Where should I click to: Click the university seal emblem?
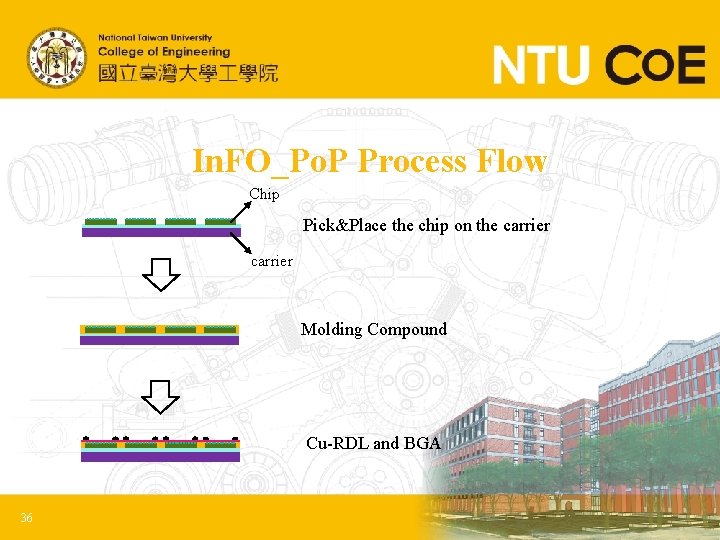point(56,56)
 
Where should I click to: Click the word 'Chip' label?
point(264,194)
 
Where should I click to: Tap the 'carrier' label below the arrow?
point(271,261)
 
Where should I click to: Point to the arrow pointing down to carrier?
point(240,242)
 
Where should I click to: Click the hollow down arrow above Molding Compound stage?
point(160,274)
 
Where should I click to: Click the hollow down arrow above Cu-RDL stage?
point(160,396)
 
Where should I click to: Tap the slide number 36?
point(27,517)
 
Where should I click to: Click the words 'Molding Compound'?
point(374,329)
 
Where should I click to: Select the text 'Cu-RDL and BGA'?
point(373,442)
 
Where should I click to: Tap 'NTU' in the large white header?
point(540,66)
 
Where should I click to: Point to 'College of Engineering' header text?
point(164,51)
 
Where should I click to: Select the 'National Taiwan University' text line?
point(154,38)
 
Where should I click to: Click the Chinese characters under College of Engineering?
point(188,72)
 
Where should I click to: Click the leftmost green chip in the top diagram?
point(101,221)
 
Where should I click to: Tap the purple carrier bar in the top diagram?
point(160,232)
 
